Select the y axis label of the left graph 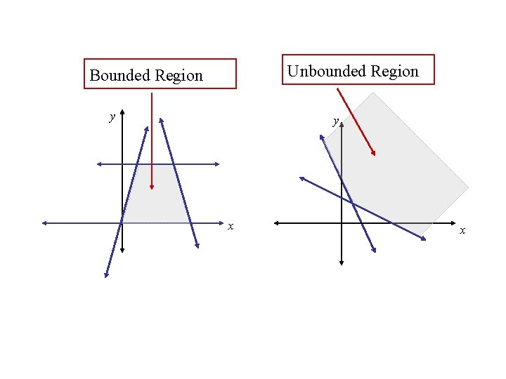[x=112, y=117]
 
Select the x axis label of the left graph [x=230, y=226]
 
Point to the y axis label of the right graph [x=336, y=121]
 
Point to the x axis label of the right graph [x=462, y=230]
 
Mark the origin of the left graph [x=122, y=223]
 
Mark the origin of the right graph [x=342, y=223]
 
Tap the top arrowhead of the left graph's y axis [x=122, y=112]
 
